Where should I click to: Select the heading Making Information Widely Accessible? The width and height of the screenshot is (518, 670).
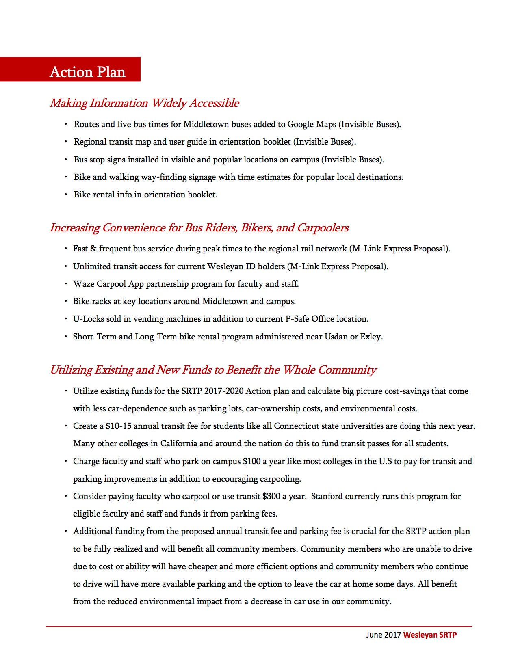click(x=144, y=103)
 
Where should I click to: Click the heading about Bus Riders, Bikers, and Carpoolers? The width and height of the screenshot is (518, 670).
click(x=199, y=228)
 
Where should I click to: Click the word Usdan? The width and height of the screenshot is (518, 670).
click(x=336, y=337)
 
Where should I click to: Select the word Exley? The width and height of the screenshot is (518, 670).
click(x=371, y=337)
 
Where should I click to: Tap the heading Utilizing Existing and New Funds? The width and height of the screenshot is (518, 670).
click(x=213, y=370)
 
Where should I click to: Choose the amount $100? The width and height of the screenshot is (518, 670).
click(x=252, y=461)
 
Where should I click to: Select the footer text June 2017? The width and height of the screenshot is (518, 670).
click(x=384, y=635)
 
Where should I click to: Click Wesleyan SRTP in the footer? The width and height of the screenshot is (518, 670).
click(x=430, y=635)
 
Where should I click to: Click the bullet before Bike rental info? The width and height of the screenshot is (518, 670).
click(x=66, y=195)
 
